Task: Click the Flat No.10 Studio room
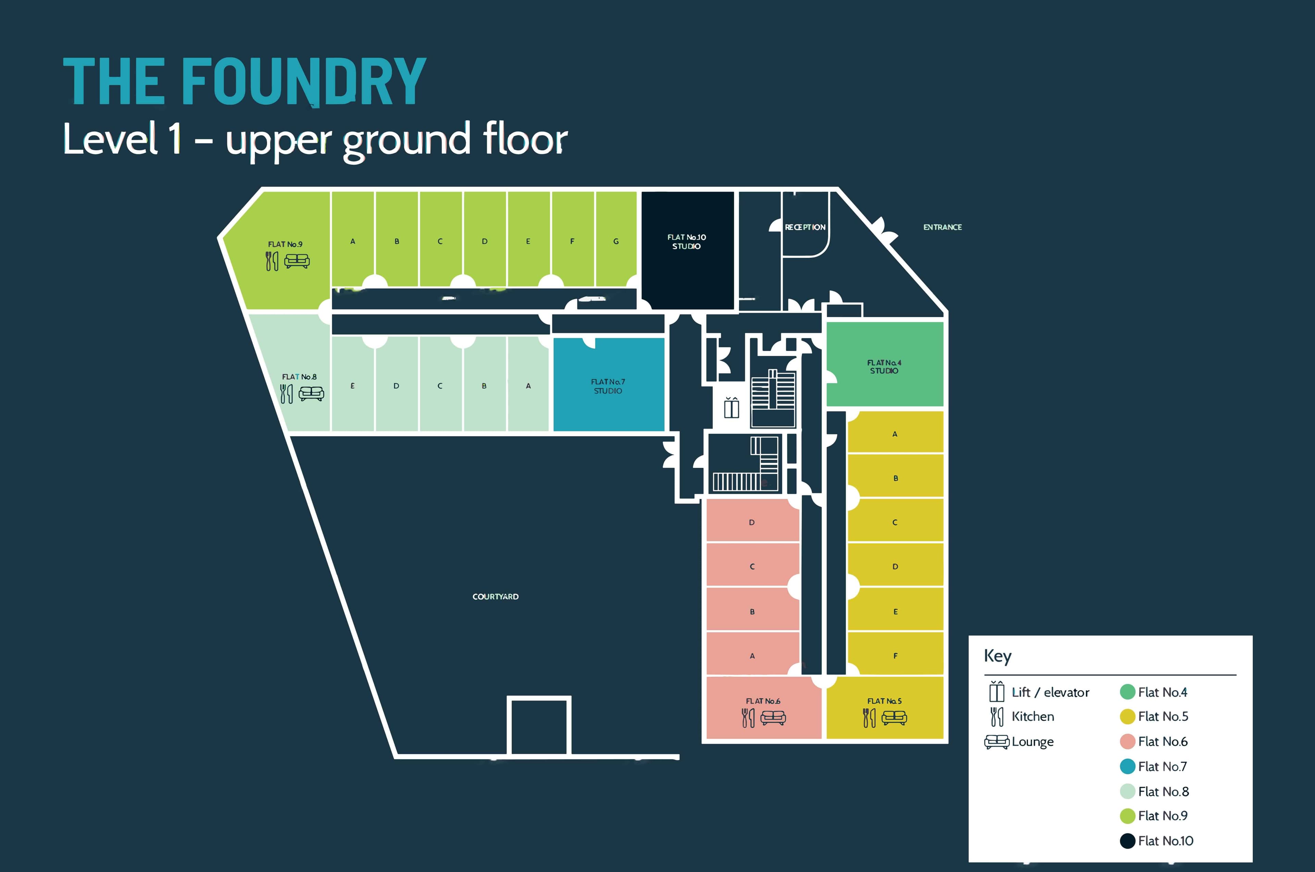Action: pyautogui.click(x=687, y=250)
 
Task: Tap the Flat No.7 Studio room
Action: pyautogui.click(x=608, y=385)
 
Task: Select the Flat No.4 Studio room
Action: pyautogui.click(x=884, y=365)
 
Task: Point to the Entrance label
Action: pyautogui.click(x=942, y=227)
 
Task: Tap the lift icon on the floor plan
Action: pyautogui.click(x=731, y=407)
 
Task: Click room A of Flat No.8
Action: pyautogui.click(x=528, y=385)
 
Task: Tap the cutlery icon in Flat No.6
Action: pyautogui.click(x=748, y=718)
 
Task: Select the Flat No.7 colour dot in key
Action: pyautogui.click(x=1127, y=766)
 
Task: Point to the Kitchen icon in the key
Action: pyautogui.click(x=997, y=716)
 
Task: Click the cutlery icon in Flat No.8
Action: pyautogui.click(x=286, y=394)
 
